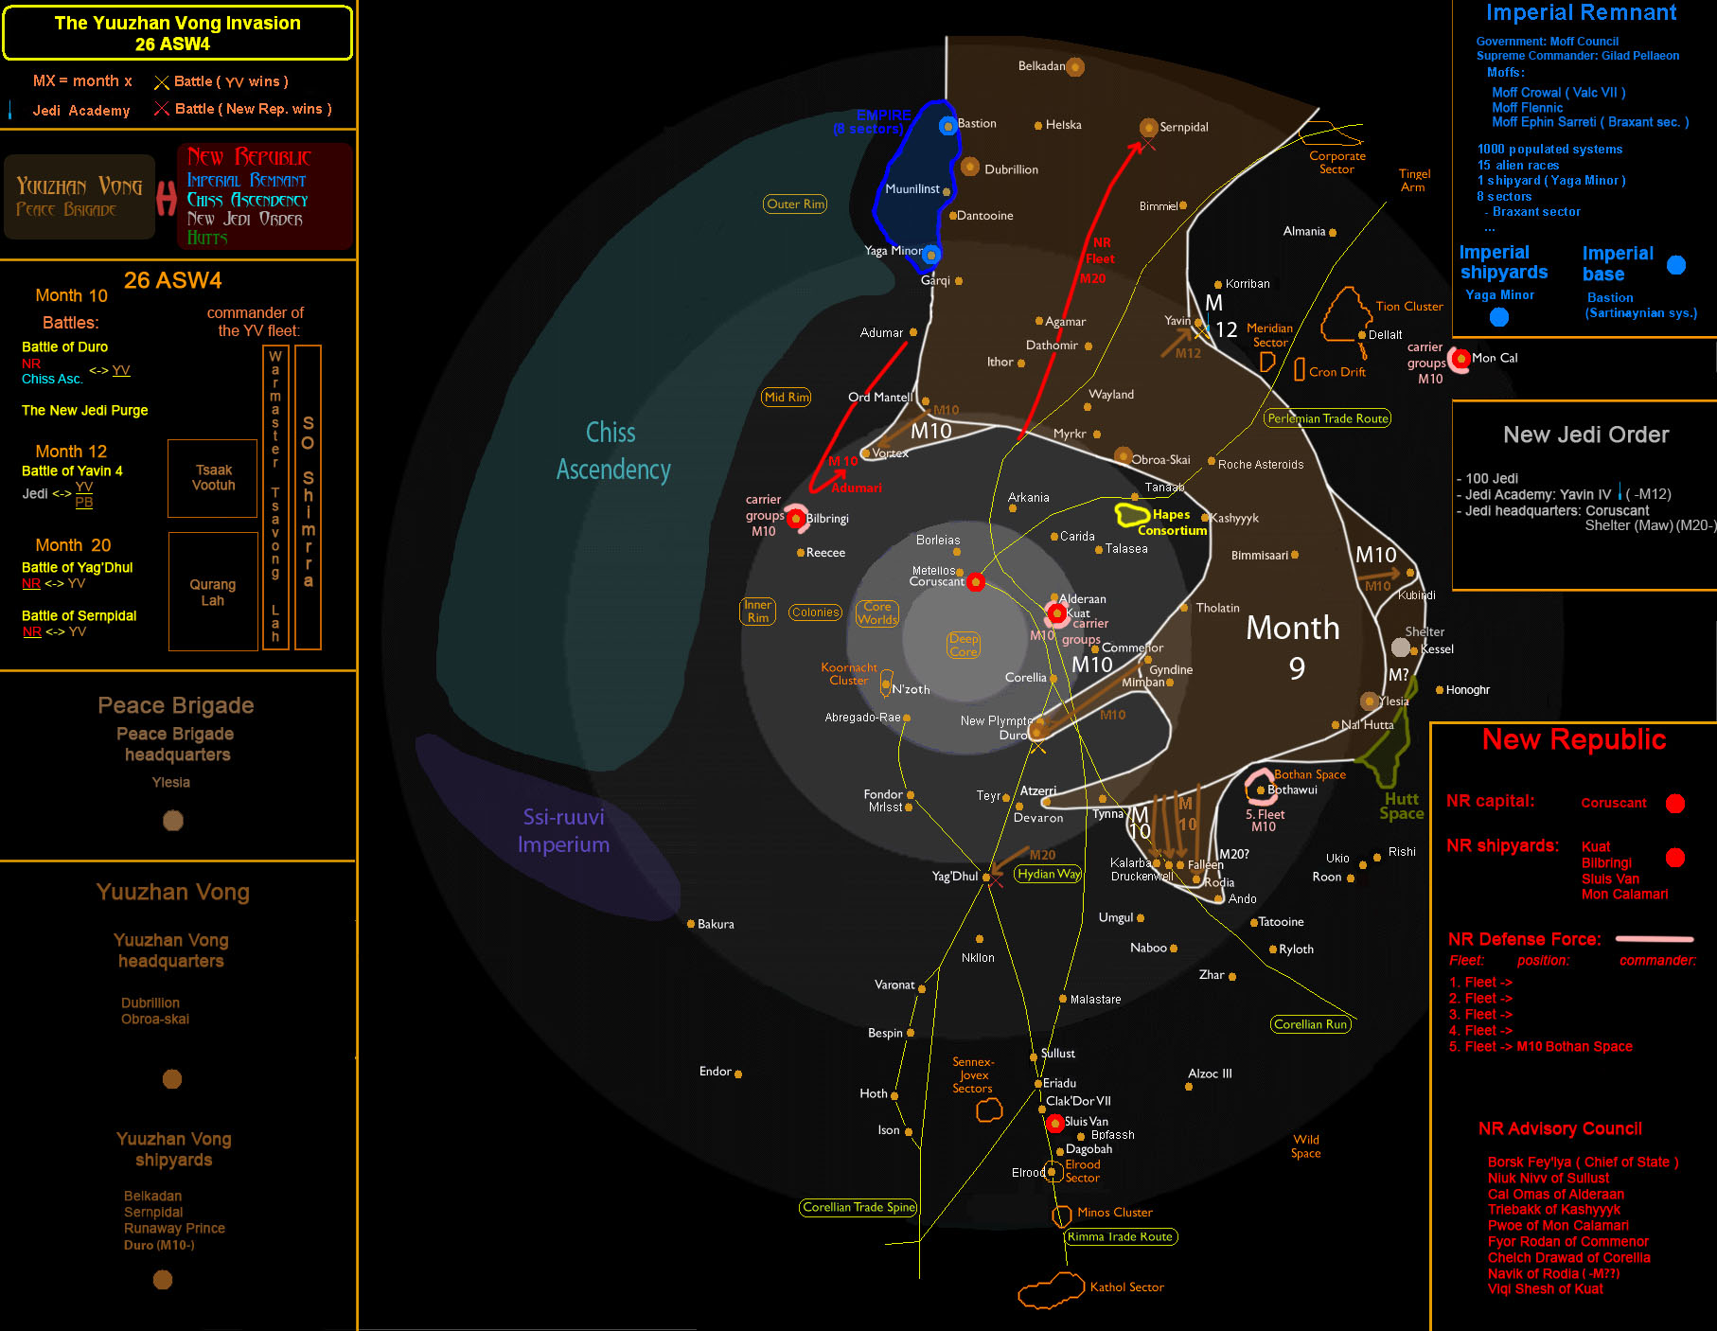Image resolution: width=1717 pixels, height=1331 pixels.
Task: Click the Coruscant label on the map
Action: click(x=936, y=582)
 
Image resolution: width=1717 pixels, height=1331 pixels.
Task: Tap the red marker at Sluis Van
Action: click(x=1055, y=1124)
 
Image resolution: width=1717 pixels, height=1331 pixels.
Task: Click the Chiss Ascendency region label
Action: click(x=612, y=452)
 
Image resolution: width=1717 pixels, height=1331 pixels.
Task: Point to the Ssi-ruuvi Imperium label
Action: click(x=563, y=830)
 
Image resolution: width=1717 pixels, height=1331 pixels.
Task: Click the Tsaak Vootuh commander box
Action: click(x=213, y=478)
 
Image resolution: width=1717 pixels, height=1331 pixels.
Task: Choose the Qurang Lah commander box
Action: click(x=213, y=592)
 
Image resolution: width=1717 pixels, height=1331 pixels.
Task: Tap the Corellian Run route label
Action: click(x=1310, y=1024)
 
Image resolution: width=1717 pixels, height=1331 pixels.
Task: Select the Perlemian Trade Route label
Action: click(x=1327, y=418)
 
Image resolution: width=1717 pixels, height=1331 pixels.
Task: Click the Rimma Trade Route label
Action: click(x=1121, y=1236)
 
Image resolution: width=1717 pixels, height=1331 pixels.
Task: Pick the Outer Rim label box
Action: click(x=795, y=204)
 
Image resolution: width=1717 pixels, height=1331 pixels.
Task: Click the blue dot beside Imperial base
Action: click(x=1676, y=265)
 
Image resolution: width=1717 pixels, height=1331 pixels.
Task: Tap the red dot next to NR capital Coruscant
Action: click(x=1674, y=804)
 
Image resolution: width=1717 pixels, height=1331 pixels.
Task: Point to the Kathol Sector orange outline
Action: click(x=1051, y=1290)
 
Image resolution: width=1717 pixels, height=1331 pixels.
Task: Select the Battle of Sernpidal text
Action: click(x=80, y=615)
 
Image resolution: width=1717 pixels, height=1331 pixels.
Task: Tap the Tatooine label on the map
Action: click(x=1281, y=922)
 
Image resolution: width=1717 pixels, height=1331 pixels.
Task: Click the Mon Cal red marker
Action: click(x=1461, y=359)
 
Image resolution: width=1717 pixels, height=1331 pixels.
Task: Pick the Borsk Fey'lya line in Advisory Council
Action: click(x=1583, y=1162)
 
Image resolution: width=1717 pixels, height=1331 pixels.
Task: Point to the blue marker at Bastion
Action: click(x=947, y=125)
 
